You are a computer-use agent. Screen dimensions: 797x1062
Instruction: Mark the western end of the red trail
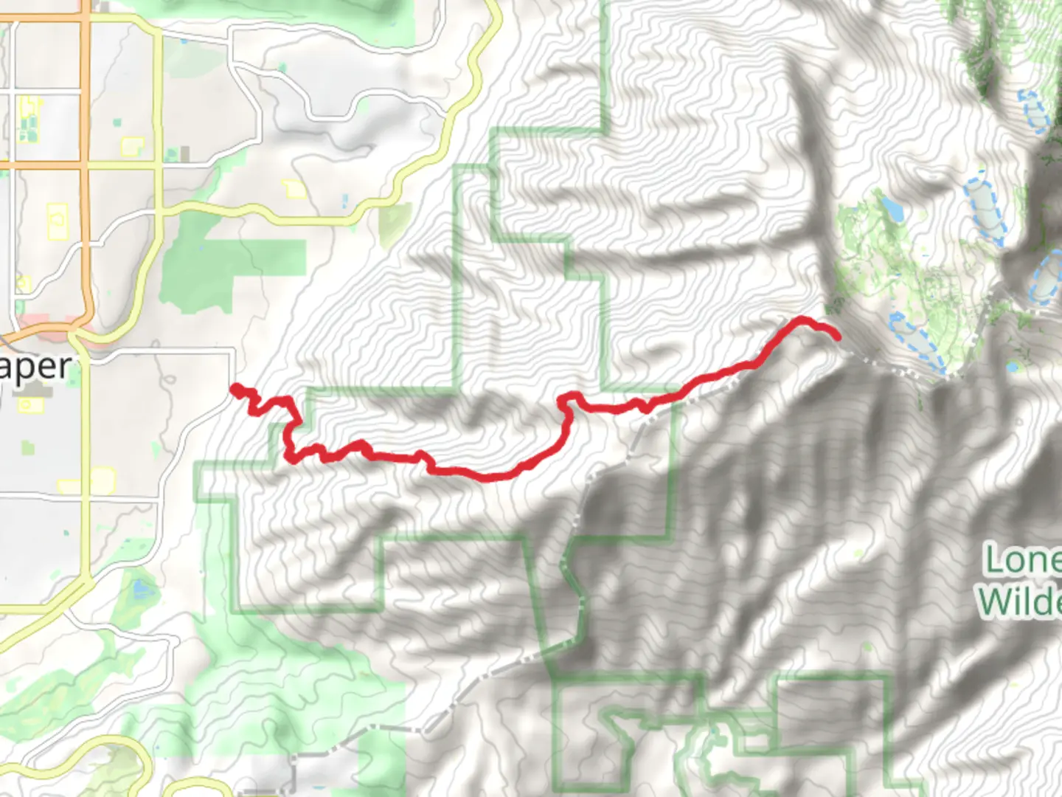[235, 388]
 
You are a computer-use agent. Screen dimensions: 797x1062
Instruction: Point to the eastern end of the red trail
[837, 337]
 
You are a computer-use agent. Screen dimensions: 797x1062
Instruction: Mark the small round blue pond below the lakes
[1013, 366]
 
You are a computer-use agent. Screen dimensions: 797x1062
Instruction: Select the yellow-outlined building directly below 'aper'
[31, 405]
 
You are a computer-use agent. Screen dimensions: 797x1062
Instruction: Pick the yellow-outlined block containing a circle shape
[58, 221]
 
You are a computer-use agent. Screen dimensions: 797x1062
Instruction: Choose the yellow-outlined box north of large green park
[295, 189]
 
